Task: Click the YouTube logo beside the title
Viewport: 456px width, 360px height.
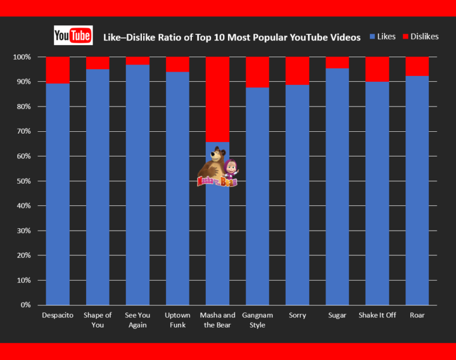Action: pyautogui.click(x=73, y=36)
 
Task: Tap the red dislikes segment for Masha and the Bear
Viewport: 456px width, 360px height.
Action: pyautogui.click(x=217, y=99)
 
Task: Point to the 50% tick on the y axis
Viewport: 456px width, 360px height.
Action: pyautogui.click(x=26, y=181)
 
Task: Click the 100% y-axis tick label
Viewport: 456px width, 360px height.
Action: pyautogui.click(x=24, y=57)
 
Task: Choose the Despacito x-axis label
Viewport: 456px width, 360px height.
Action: pyautogui.click(x=58, y=315)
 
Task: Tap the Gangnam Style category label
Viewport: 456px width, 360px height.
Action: pyautogui.click(x=257, y=320)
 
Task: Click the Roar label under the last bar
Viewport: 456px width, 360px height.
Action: pyautogui.click(x=417, y=315)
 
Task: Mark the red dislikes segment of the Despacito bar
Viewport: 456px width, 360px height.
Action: pyautogui.click(x=58, y=70)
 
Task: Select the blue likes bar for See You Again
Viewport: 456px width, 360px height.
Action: pyautogui.click(x=138, y=187)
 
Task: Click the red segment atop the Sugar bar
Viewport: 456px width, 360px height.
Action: pyautogui.click(x=337, y=63)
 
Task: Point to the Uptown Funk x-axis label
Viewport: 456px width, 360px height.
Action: pyautogui.click(x=177, y=320)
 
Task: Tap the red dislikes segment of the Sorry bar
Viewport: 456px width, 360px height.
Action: pyautogui.click(x=297, y=71)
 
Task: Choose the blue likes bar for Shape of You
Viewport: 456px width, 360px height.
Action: pyautogui.click(x=97, y=187)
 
